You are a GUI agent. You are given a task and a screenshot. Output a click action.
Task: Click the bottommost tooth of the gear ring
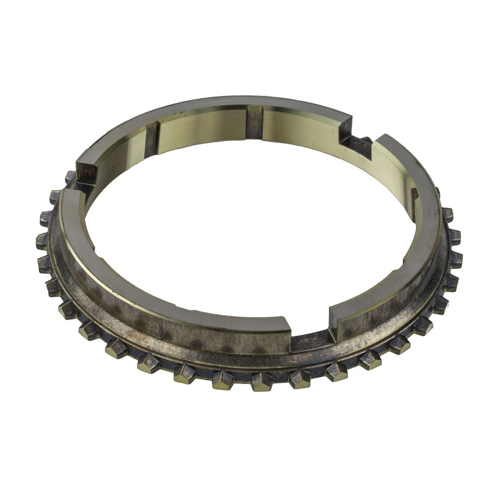coord(261,382)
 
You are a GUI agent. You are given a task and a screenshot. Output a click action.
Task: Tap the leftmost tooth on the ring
coord(43,241)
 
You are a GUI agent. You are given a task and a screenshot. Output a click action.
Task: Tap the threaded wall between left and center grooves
coord(201,125)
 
